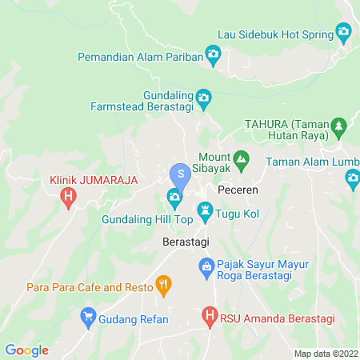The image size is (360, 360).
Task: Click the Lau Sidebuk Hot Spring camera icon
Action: [x=344, y=34]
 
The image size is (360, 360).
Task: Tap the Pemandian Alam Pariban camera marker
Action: [x=213, y=54]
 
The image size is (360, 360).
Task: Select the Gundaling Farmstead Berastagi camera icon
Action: [x=203, y=98]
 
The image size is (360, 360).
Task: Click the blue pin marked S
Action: [x=181, y=173]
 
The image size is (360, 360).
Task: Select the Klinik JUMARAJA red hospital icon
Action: [x=69, y=195]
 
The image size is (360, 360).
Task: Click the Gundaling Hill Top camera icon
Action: [x=174, y=197]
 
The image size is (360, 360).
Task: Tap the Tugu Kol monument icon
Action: [x=206, y=211]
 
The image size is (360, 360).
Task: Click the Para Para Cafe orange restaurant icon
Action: [x=164, y=284]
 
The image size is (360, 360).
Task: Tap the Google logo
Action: [x=26, y=350]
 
